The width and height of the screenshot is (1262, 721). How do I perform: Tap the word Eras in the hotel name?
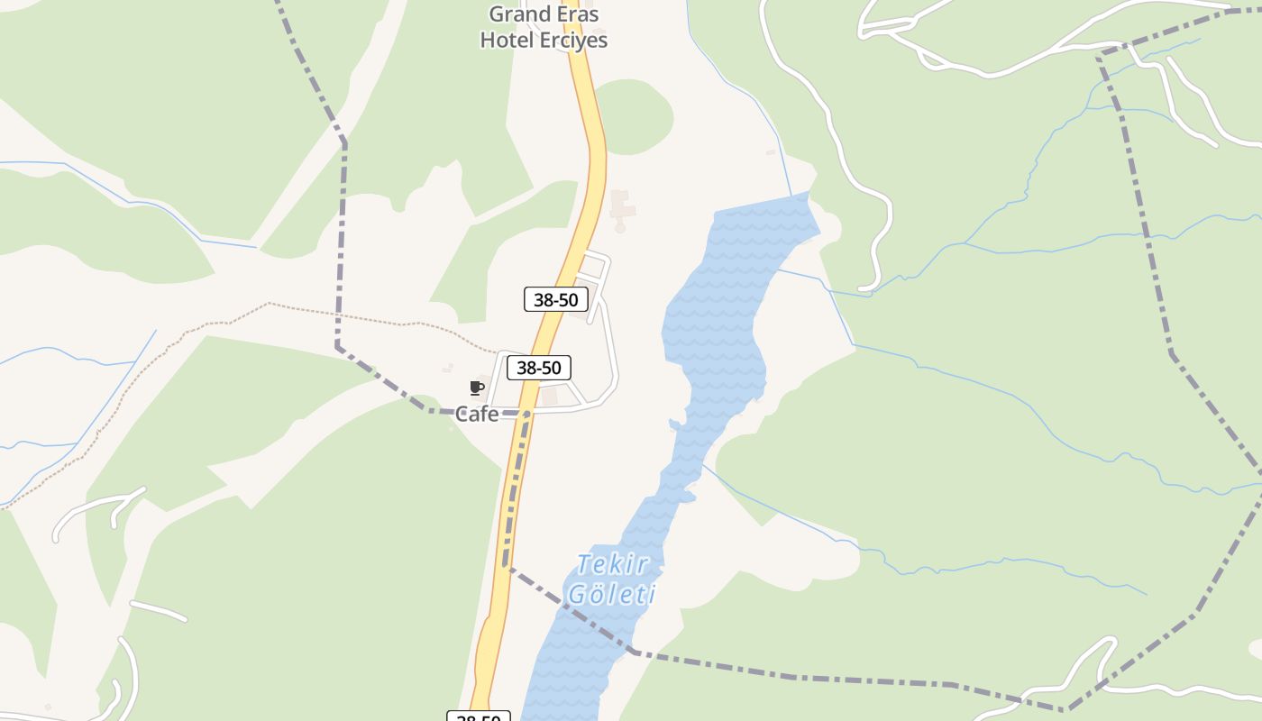click(x=579, y=14)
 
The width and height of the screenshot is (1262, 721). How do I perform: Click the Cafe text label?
click(x=477, y=415)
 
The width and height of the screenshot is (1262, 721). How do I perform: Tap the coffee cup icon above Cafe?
click(x=477, y=388)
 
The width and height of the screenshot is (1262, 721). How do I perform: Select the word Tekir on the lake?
click(x=613, y=565)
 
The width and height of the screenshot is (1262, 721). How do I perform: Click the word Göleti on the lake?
click(x=612, y=595)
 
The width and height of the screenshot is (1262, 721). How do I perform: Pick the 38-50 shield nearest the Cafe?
click(x=539, y=368)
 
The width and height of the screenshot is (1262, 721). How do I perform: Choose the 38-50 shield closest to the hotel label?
click(x=556, y=299)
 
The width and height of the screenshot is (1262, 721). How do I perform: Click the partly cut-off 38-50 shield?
click(x=479, y=716)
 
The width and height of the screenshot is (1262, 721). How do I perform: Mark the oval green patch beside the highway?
click(x=636, y=115)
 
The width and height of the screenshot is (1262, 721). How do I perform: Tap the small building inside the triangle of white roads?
click(x=549, y=396)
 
